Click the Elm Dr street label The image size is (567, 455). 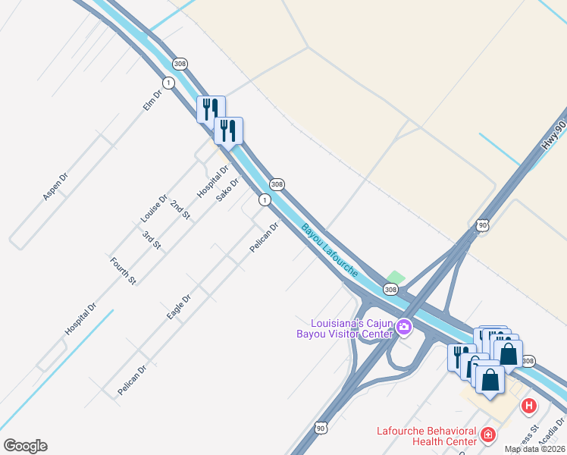(153, 101)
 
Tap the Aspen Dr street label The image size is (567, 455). (55, 186)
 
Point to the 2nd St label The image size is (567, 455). (180, 210)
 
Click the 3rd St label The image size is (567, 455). (152, 240)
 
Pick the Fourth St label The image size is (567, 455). (123, 271)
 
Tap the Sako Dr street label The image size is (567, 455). (227, 189)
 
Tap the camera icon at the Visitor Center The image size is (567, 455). (404, 327)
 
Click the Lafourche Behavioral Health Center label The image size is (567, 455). (427, 436)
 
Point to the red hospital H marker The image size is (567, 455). (528, 406)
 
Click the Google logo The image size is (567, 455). (25, 446)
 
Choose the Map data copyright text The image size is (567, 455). (534, 449)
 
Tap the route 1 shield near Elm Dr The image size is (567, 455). (168, 82)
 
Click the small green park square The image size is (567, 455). (396, 278)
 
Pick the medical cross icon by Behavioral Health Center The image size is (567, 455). (489, 435)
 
